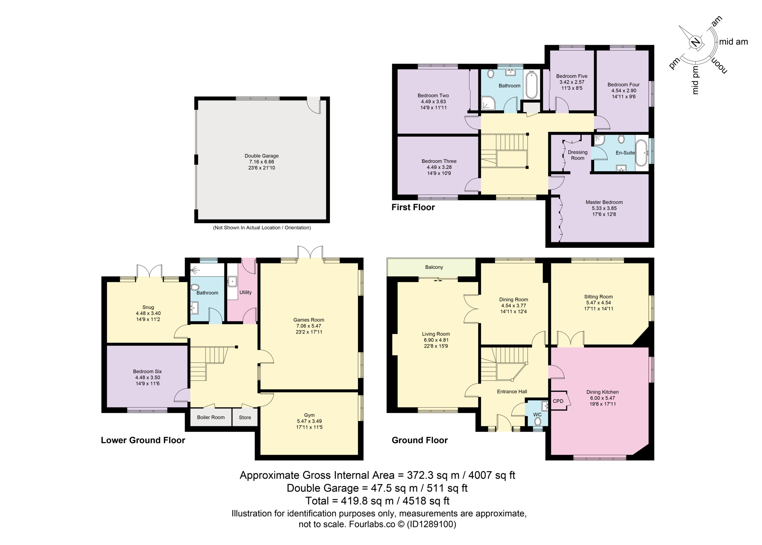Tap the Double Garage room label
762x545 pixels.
[262, 156]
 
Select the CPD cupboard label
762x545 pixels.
[558, 401]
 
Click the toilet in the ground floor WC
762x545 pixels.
[538, 421]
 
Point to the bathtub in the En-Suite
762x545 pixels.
[642, 153]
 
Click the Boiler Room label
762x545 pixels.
[211, 417]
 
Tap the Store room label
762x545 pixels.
[245, 417]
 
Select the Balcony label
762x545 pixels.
[434, 267]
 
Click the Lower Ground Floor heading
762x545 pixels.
[143, 440]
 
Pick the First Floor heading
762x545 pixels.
[413, 207]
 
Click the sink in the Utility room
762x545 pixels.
[232, 281]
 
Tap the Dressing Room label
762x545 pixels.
[578, 155]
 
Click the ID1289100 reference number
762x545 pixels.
[431, 524]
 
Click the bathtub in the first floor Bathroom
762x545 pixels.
[531, 84]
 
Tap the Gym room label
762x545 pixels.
[309, 415]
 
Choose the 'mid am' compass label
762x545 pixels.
[734, 42]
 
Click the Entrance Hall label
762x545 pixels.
[512, 391]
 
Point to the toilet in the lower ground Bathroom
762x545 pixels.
[195, 287]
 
